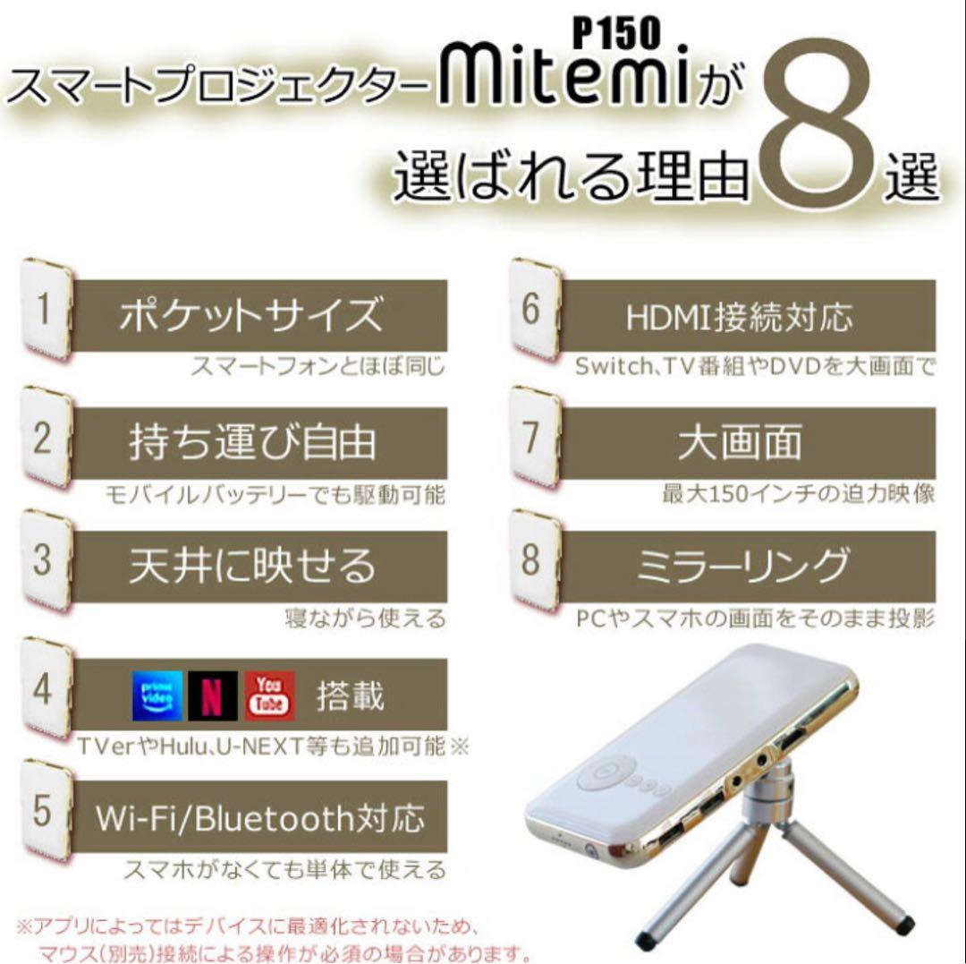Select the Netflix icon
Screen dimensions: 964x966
pyautogui.click(x=213, y=695)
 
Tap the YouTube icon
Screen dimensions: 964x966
pyautogui.click(x=269, y=695)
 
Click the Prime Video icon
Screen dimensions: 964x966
pyautogui.click(x=157, y=695)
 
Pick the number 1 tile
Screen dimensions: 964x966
pyautogui.click(x=45, y=308)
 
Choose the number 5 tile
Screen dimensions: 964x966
pyautogui.click(x=45, y=809)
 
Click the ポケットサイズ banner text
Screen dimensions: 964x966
pyautogui.click(x=251, y=315)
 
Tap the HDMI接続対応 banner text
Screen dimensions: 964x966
pyautogui.click(x=739, y=315)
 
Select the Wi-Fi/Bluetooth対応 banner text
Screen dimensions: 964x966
pyautogui.click(x=259, y=817)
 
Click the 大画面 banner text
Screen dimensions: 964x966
pyautogui.click(x=739, y=442)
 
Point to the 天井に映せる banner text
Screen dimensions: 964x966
pyautogui.click(x=251, y=566)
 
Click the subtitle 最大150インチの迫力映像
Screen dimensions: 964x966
pyautogui.click(x=798, y=493)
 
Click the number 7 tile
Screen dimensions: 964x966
pyautogui.click(x=533, y=436)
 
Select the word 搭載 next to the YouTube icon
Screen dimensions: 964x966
pyautogui.click(x=350, y=696)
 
